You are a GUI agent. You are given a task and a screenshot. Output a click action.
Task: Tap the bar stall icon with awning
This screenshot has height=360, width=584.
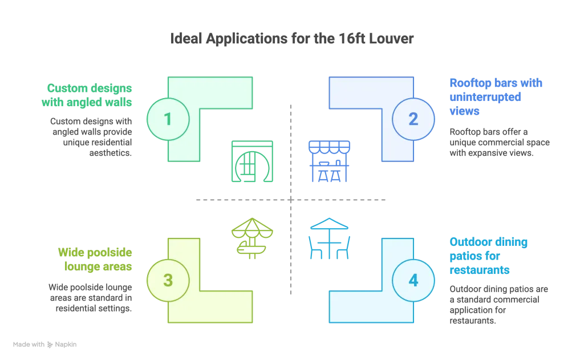pyautogui.click(x=329, y=161)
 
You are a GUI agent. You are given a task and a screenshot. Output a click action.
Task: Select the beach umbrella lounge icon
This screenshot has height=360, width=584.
pyautogui.click(x=252, y=238)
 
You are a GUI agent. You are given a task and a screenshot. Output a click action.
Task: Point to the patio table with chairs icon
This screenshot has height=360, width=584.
pyautogui.click(x=329, y=238)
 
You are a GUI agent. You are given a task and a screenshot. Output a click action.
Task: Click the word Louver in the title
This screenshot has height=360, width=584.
pyautogui.click(x=391, y=38)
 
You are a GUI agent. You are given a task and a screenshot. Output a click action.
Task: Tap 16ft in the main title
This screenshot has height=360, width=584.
pyautogui.click(x=352, y=38)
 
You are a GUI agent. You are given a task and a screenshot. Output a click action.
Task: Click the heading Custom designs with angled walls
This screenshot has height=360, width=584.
pyautogui.click(x=87, y=95)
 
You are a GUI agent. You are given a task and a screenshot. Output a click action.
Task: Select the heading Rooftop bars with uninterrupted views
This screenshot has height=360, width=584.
pyautogui.click(x=496, y=97)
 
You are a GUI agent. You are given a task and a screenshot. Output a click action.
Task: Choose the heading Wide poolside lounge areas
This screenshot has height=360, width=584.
pyautogui.click(x=95, y=260)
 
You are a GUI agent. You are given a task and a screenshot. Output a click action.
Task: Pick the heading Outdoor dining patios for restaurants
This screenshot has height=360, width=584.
pyautogui.click(x=488, y=256)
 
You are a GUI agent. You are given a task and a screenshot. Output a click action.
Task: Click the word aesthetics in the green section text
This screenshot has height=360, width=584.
pyautogui.click(x=110, y=153)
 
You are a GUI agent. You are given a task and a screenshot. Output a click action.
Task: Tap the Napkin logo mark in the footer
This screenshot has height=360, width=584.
pyautogui.click(x=50, y=345)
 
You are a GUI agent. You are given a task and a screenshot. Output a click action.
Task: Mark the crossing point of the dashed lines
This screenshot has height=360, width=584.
pyautogui.click(x=291, y=200)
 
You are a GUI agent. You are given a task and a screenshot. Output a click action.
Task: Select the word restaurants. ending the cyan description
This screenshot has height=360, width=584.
pyautogui.click(x=473, y=321)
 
